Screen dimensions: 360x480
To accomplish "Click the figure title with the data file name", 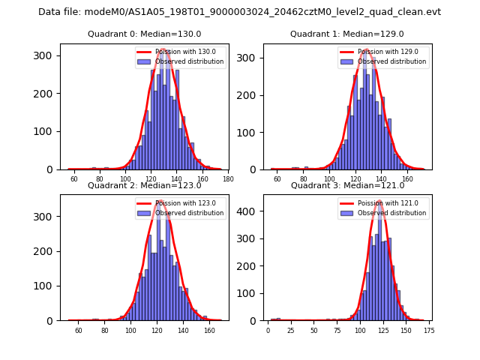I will pyautogui.click(x=239, y=12).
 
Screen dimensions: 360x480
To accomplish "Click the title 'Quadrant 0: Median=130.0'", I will pyautogui.click(x=144, y=34).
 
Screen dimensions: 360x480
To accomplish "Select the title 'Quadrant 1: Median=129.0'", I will pyautogui.click(x=346, y=34).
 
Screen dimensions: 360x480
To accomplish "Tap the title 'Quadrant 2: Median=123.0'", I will pyautogui.click(x=144, y=185).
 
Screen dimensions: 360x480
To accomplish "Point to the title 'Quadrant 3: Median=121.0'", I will pyautogui.click(x=346, y=185).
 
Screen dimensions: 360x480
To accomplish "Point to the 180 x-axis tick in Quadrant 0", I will pyautogui.click(x=228, y=179).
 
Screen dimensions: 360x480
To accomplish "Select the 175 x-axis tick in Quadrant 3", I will pyautogui.click(x=428, y=330).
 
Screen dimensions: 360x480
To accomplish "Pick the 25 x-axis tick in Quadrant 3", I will pyautogui.click(x=291, y=330).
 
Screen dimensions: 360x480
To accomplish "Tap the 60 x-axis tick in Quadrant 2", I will pyautogui.click(x=78, y=330).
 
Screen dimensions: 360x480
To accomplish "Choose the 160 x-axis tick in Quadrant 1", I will pyautogui.click(x=407, y=179).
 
